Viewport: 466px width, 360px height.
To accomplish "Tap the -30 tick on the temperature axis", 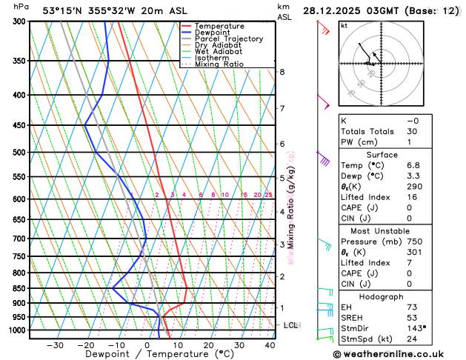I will click(x=55, y=344).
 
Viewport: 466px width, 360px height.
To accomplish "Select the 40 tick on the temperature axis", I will click(x=270, y=344).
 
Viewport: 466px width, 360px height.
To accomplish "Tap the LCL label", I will click(x=291, y=325).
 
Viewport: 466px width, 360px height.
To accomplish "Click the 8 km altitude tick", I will click(x=282, y=72).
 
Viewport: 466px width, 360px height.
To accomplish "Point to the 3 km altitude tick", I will click(x=282, y=244).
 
